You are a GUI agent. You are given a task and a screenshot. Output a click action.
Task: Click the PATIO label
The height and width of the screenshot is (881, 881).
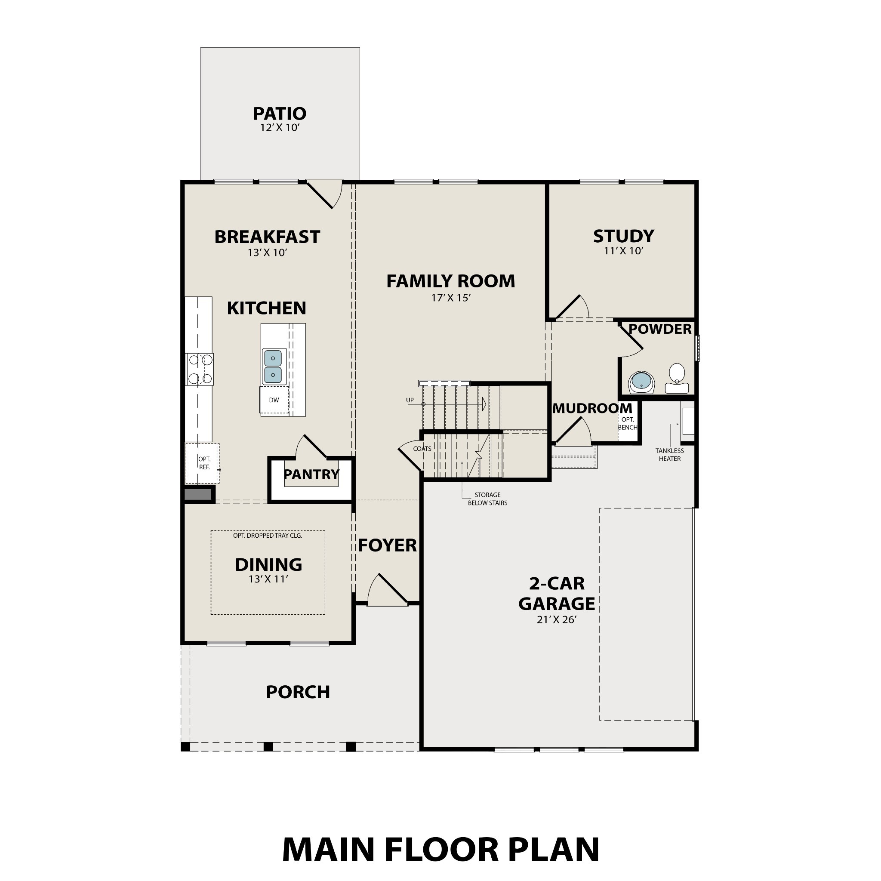[x=280, y=114]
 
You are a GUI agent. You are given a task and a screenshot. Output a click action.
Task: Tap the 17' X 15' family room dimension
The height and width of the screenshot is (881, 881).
[x=450, y=298]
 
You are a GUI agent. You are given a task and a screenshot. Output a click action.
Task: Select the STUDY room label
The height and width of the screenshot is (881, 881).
[x=623, y=236]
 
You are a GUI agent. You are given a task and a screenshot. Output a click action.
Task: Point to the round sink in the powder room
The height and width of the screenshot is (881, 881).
[x=641, y=382]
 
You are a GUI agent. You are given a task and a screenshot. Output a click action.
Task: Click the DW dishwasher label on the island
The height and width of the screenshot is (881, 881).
[x=274, y=400]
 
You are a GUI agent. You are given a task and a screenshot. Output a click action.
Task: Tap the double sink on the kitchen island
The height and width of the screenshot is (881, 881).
[x=273, y=367]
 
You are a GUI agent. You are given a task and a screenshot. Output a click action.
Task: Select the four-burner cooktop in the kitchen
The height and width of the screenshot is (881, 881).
[x=200, y=369]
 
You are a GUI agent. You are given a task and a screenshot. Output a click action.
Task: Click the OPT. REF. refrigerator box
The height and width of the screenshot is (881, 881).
[x=203, y=463]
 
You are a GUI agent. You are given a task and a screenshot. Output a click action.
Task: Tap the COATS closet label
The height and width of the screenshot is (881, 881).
[x=422, y=449]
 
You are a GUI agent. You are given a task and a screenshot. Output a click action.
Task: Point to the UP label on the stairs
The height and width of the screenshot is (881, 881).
[x=410, y=400]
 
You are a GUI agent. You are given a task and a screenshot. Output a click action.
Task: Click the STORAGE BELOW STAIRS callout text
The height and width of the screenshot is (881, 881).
[x=487, y=499]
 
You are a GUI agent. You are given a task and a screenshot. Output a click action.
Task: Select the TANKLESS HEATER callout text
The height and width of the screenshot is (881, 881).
[x=669, y=455]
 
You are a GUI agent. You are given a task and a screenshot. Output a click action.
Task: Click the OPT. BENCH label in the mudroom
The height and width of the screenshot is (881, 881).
[x=628, y=424]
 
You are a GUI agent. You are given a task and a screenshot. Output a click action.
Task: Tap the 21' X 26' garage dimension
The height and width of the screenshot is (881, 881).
[x=556, y=620]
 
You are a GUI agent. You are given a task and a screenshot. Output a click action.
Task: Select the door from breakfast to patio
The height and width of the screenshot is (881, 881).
[x=325, y=194]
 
